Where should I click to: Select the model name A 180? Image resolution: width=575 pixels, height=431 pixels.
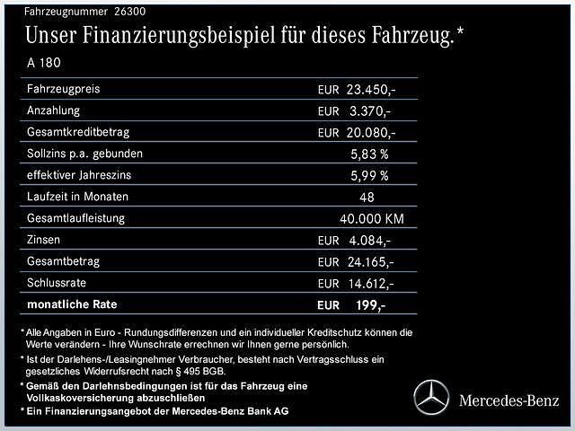point(45,64)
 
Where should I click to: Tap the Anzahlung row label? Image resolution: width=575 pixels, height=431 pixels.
point(54,110)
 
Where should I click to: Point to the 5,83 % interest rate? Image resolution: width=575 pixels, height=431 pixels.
point(369,154)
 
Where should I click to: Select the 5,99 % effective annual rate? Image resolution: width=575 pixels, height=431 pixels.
point(369,176)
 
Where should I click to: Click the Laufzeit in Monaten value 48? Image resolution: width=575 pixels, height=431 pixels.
point(367,198)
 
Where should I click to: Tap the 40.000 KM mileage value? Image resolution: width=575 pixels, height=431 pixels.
point(370,219)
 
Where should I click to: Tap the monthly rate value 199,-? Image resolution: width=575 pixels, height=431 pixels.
point(370,306)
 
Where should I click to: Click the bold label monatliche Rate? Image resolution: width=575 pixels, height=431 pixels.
point(71,305)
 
